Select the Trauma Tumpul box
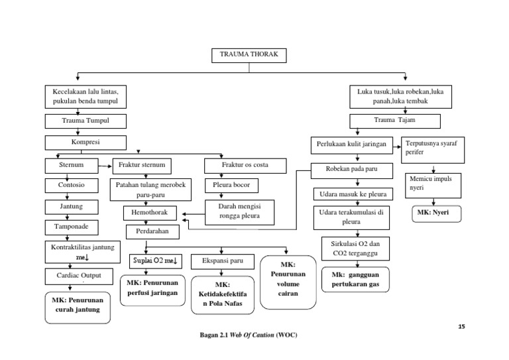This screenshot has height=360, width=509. tap(76, 121)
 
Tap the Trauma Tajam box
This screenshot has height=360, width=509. tap(395, 120)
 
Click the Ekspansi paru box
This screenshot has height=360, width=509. tap(223, 261)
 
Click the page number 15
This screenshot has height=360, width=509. tap(462, 327)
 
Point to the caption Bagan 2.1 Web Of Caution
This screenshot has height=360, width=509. tap(249, 335)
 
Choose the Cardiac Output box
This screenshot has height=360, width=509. tap(74, 275)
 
